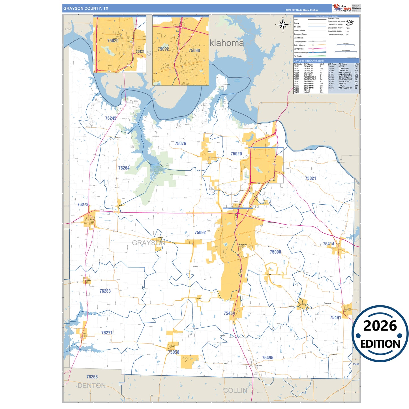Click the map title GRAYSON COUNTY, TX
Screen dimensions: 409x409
86,8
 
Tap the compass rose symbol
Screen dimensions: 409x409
283,25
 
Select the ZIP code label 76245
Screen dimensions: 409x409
111,118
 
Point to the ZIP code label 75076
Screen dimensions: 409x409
180,144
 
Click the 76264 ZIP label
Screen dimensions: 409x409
124,168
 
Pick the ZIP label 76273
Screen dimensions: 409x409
83,204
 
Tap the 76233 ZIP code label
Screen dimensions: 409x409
105,291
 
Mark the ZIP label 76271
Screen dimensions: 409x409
107,333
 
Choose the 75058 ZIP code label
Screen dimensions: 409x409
174,352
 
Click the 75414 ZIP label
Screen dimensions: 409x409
328,244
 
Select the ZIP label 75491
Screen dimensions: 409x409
335,318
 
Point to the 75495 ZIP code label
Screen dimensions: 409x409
267,358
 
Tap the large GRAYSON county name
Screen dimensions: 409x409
148,243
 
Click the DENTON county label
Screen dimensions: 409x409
91,386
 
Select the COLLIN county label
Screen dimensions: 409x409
235,391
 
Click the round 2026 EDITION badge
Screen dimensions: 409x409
380,334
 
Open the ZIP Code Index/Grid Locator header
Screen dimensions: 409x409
309,61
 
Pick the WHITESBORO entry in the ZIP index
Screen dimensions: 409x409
345,88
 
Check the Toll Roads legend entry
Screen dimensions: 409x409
297,56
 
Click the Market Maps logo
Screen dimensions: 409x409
342,8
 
